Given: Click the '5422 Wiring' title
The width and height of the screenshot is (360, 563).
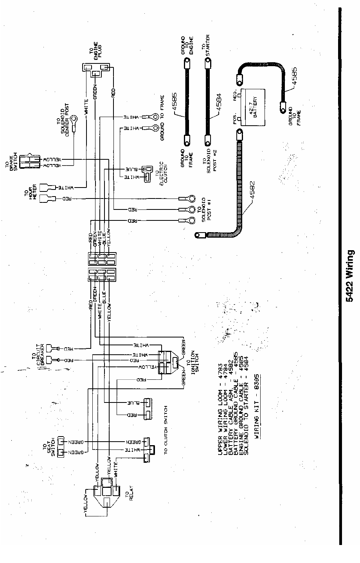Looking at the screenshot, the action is tap(350, 276).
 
